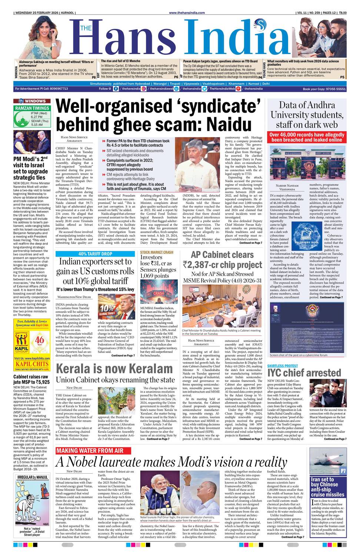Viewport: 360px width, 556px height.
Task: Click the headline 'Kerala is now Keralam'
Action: (114, 369)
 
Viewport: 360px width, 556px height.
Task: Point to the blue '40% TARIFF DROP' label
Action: (95, 254)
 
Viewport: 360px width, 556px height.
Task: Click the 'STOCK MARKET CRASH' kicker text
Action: (157, 252)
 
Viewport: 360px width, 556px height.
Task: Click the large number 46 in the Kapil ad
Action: (40, 340)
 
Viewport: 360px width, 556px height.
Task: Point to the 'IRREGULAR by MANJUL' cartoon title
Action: (32, 477)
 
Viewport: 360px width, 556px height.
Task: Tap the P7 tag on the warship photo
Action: (343, 471)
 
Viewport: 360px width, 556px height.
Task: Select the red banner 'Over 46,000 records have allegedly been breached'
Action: (307, 137)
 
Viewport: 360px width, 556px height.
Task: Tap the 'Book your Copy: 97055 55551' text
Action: (324, 89)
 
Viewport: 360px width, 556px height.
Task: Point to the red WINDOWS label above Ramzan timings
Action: (36, 101)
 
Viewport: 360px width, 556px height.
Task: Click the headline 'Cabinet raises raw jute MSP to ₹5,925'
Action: (31, 379)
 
